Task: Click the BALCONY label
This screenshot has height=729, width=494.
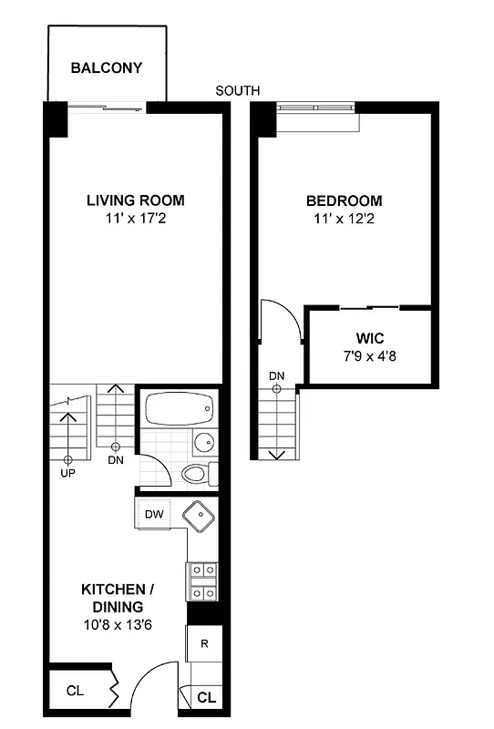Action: click(107, 68)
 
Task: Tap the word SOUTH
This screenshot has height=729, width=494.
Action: click(238, 90)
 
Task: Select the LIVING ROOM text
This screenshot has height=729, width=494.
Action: click(136, 200)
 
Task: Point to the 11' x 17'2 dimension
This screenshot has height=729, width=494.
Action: click(136, 219)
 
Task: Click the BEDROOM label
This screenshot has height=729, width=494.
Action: click(344, 200)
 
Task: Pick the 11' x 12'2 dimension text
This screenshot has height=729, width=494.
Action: click(344, 219)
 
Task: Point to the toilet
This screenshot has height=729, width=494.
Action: click(198, 474)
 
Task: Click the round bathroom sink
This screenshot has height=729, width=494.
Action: click(204, 444)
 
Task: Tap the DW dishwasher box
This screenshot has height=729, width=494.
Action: click(155, 514)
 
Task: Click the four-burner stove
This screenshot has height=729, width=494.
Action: click(201, 580)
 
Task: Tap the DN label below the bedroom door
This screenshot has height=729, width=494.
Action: click(276, 376)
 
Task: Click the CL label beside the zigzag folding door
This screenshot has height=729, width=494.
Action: click(75, 691)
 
